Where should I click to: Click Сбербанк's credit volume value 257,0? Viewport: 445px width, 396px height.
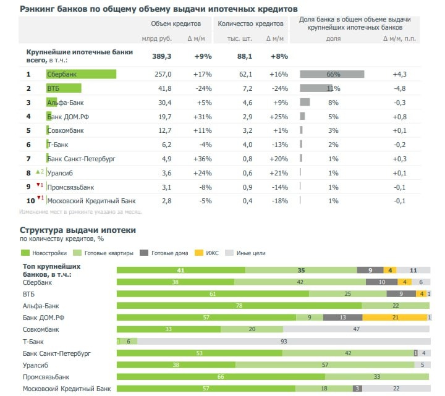(162, 74)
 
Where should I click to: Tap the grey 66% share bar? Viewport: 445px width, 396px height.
(332, 74)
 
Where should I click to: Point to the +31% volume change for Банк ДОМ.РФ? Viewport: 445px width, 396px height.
(202, 116)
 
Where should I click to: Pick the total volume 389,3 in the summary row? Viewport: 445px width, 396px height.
(161, 56)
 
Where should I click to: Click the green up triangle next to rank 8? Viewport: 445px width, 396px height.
(38, 171)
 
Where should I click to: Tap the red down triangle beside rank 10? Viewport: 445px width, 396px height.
(38, 198)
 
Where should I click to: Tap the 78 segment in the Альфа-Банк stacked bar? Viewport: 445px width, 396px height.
(239, 306)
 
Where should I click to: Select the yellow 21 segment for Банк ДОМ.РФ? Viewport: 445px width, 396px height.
(395, 318)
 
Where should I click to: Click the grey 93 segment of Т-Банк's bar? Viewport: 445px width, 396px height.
(284, 341)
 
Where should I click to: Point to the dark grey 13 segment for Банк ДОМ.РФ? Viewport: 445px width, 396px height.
(342, 318)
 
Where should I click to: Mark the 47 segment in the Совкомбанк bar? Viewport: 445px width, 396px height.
(357, 329)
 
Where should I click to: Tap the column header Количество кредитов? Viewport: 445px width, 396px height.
(250, 23)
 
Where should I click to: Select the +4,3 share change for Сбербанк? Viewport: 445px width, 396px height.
(400, 74)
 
